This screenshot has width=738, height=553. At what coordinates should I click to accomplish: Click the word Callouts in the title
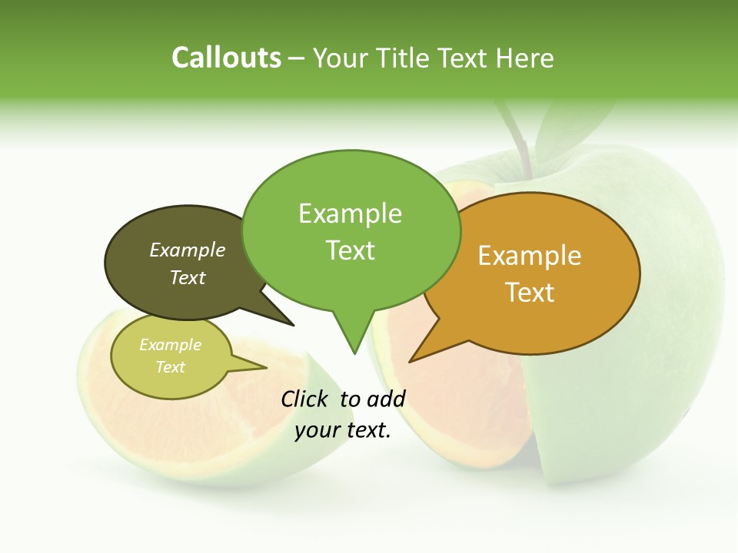(x=226, y=58)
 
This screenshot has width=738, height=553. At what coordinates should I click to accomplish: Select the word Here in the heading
(x=526, y=58)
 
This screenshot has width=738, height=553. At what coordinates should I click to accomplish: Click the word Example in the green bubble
(x=350, y=214)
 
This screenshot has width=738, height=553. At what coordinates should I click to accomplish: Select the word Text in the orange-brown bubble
(x=530, y=293)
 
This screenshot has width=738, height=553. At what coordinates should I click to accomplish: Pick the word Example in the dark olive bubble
(x=188, y=250)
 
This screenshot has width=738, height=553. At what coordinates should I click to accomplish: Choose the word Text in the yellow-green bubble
(x=171, y=367)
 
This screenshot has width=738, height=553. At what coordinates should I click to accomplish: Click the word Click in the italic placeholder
(x=305, y=399)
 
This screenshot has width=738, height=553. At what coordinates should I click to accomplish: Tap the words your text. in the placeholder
(x=343, y=431)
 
